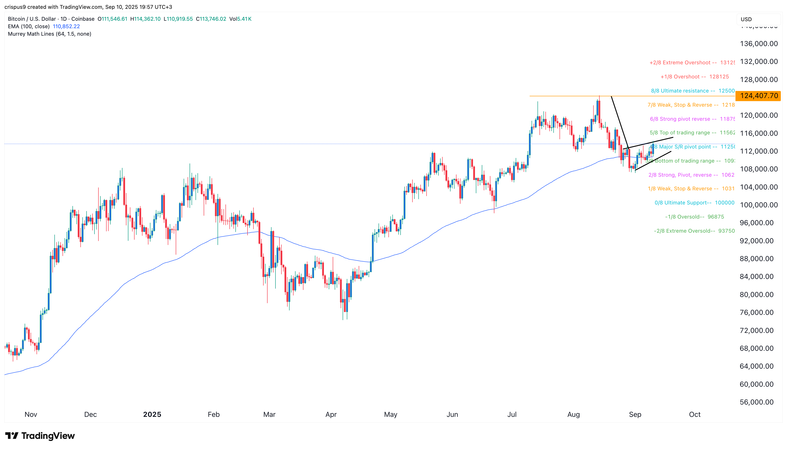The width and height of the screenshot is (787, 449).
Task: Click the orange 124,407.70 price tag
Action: [758, 96]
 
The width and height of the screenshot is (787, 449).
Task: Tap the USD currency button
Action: [746, 19]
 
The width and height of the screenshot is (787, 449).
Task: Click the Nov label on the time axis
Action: [31, 414]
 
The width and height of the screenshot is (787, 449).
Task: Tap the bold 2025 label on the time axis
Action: [152, 414]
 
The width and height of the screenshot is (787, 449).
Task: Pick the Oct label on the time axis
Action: [695, 414]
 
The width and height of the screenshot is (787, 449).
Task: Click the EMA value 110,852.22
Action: [66, 26]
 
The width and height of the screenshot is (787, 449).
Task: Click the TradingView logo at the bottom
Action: [40, 436]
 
